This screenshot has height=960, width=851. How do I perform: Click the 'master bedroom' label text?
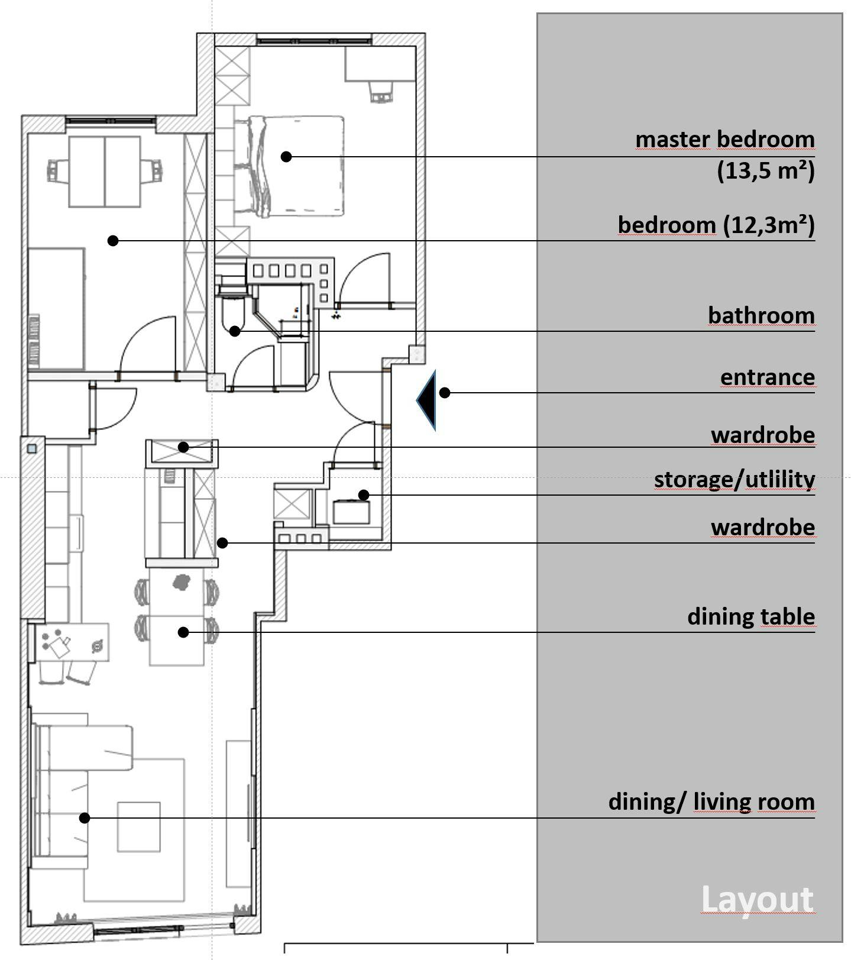(x=725, y=140)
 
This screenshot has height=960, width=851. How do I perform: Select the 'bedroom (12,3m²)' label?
(x=716, y=225)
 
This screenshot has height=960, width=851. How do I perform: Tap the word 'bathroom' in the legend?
(x=761, y=315)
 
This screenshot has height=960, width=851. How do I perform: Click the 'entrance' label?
(x=768, y=377)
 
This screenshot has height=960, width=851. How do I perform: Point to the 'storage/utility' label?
(x=734, y=480)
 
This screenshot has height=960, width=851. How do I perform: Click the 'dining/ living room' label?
(x=711, y=802)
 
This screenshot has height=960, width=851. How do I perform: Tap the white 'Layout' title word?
(x=757, y=900)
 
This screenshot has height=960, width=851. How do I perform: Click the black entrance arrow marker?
(x=427, y=400)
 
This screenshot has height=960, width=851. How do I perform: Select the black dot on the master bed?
(x=286, y=157)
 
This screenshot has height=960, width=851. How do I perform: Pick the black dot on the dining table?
(x=183, y=632)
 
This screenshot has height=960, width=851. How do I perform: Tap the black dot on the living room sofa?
(x=85, y=818)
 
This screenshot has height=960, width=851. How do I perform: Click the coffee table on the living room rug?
(x=138, y=826)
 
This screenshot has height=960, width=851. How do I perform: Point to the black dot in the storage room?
(x=364, y=494)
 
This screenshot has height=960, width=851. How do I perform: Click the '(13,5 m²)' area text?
(x=766, y=171)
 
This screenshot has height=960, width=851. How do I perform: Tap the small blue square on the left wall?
(x=31, y=449)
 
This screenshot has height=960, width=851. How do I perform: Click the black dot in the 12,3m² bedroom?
(x=113, y=241)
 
